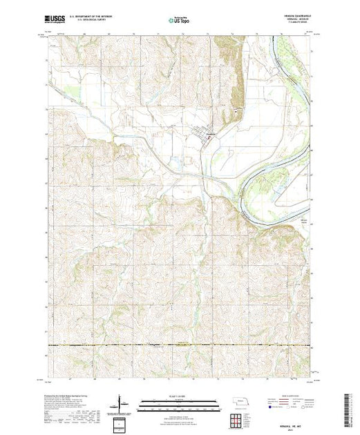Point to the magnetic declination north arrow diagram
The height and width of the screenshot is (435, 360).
tap(122, 403)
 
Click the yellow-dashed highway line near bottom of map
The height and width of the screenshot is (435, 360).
tap(180, 345)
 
